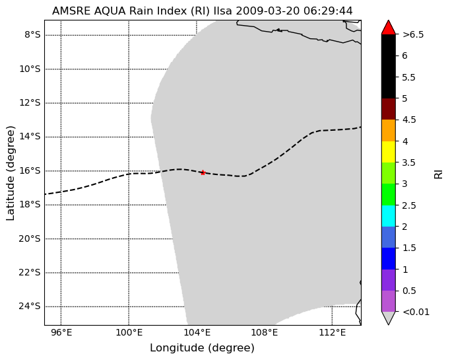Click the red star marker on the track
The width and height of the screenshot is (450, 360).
coord(203,172)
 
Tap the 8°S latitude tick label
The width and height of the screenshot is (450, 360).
coord(32,35)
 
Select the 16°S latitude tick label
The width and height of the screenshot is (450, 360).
coord(30,170)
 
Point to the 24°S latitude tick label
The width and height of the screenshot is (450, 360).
coord(30,306)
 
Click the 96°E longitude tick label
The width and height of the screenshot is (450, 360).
coord(61,333)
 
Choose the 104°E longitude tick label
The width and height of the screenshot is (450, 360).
coord(197,333)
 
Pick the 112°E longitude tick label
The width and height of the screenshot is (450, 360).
coord(332,333)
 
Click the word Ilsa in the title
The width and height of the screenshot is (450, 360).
coord(223,11)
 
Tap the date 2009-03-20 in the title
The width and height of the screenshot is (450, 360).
coord(268,11)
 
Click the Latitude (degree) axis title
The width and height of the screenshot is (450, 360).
coord(10,173)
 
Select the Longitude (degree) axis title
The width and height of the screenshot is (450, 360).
coord(202,348)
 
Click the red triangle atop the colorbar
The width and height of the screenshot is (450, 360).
coord(388,28)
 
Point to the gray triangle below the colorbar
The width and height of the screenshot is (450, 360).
coord(388,317)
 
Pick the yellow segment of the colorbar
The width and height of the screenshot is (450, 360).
coord(388,152)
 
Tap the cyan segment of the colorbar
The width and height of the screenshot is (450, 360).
coord(388,216)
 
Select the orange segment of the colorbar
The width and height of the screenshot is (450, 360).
coord(388,130)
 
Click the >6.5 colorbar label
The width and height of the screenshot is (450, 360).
coord(413,34)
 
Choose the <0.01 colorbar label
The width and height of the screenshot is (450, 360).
coord(416,312)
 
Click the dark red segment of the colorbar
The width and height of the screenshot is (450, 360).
coord(388,109)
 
